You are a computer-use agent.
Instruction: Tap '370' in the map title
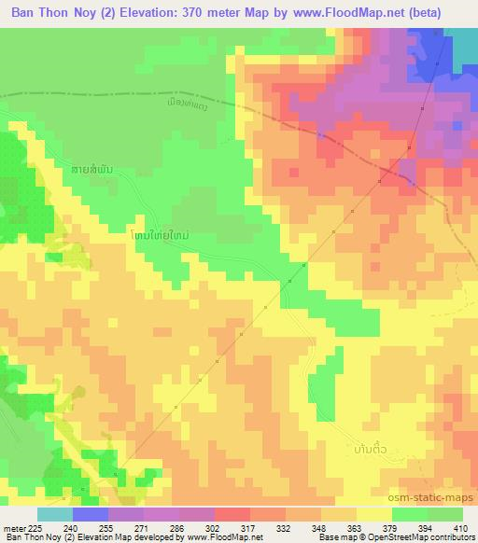(198, 11)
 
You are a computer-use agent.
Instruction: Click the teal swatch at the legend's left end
(54, 514)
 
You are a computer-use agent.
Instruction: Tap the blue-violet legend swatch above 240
(90, 514)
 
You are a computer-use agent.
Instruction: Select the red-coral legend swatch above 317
(232, 514)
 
